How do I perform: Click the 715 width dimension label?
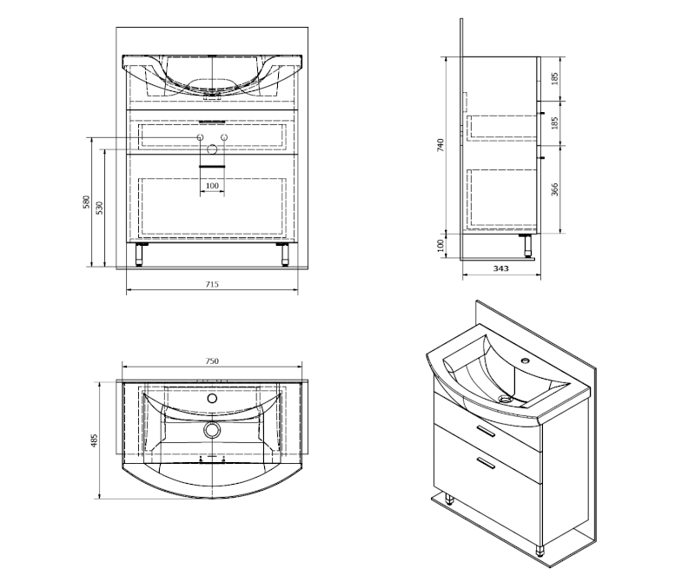[212, 284]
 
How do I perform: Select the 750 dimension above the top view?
[212, 360]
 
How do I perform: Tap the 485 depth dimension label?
[94, 440]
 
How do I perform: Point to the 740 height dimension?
[440, 145]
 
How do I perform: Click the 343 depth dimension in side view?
[501, 268]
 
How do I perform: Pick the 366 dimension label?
[554, 189]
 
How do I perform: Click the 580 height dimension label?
[87, 202]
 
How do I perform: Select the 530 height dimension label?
[100, 208]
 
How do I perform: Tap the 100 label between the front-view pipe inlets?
[212, 185]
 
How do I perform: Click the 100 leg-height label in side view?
[440, 246]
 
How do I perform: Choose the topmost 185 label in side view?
[554, 78]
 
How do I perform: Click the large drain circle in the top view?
[212, 429]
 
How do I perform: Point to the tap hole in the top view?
[212, 398]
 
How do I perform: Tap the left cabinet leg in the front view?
[139, 255]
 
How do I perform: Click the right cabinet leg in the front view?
[285, 255]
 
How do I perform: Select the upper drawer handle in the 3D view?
[486, 431]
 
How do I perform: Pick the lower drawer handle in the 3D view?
[486, 463]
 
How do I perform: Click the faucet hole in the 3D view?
[526, 360]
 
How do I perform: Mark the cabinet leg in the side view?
[527, 246]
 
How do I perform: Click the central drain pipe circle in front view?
[212, 149]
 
